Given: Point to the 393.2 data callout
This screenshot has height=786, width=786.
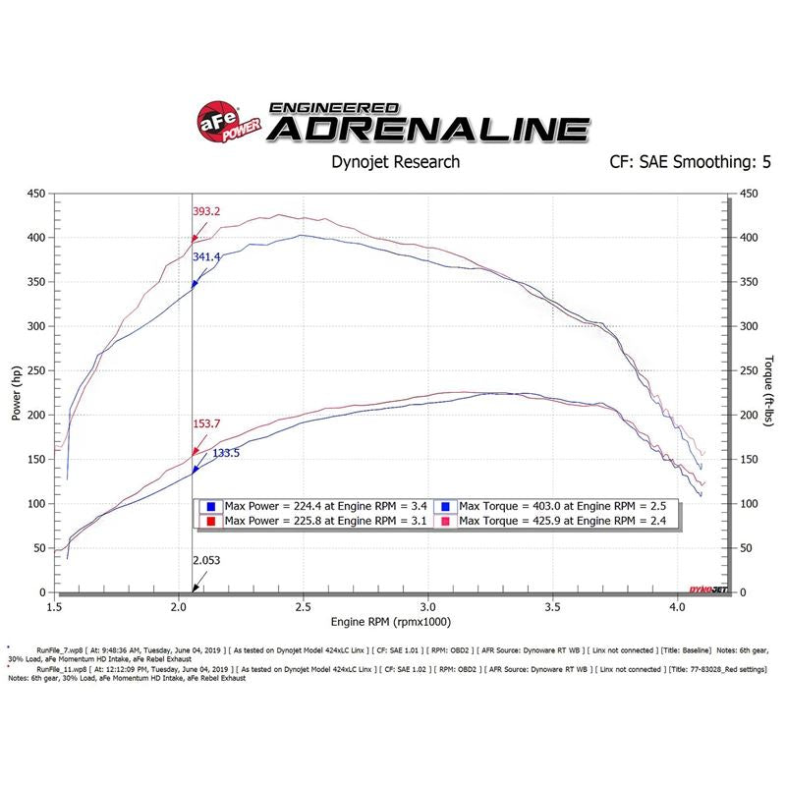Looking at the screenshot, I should click(x=206, y=211).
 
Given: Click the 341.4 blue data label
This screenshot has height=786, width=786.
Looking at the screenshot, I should click(x=206, y=257).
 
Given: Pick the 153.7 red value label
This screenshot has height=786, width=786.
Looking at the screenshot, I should click(x=206, y=424).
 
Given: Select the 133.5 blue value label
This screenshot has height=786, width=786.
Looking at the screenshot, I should click(x=226, y=453).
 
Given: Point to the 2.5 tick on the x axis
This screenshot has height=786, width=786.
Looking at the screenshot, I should click(x=303, y=608).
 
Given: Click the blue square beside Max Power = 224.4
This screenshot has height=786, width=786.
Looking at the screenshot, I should click(x=210, y=506).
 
